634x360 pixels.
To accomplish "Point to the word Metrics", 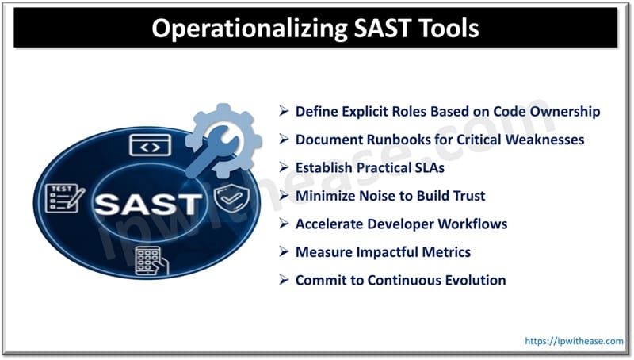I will tap(444, 251).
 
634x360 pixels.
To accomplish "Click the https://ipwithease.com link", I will tap(575, 340).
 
